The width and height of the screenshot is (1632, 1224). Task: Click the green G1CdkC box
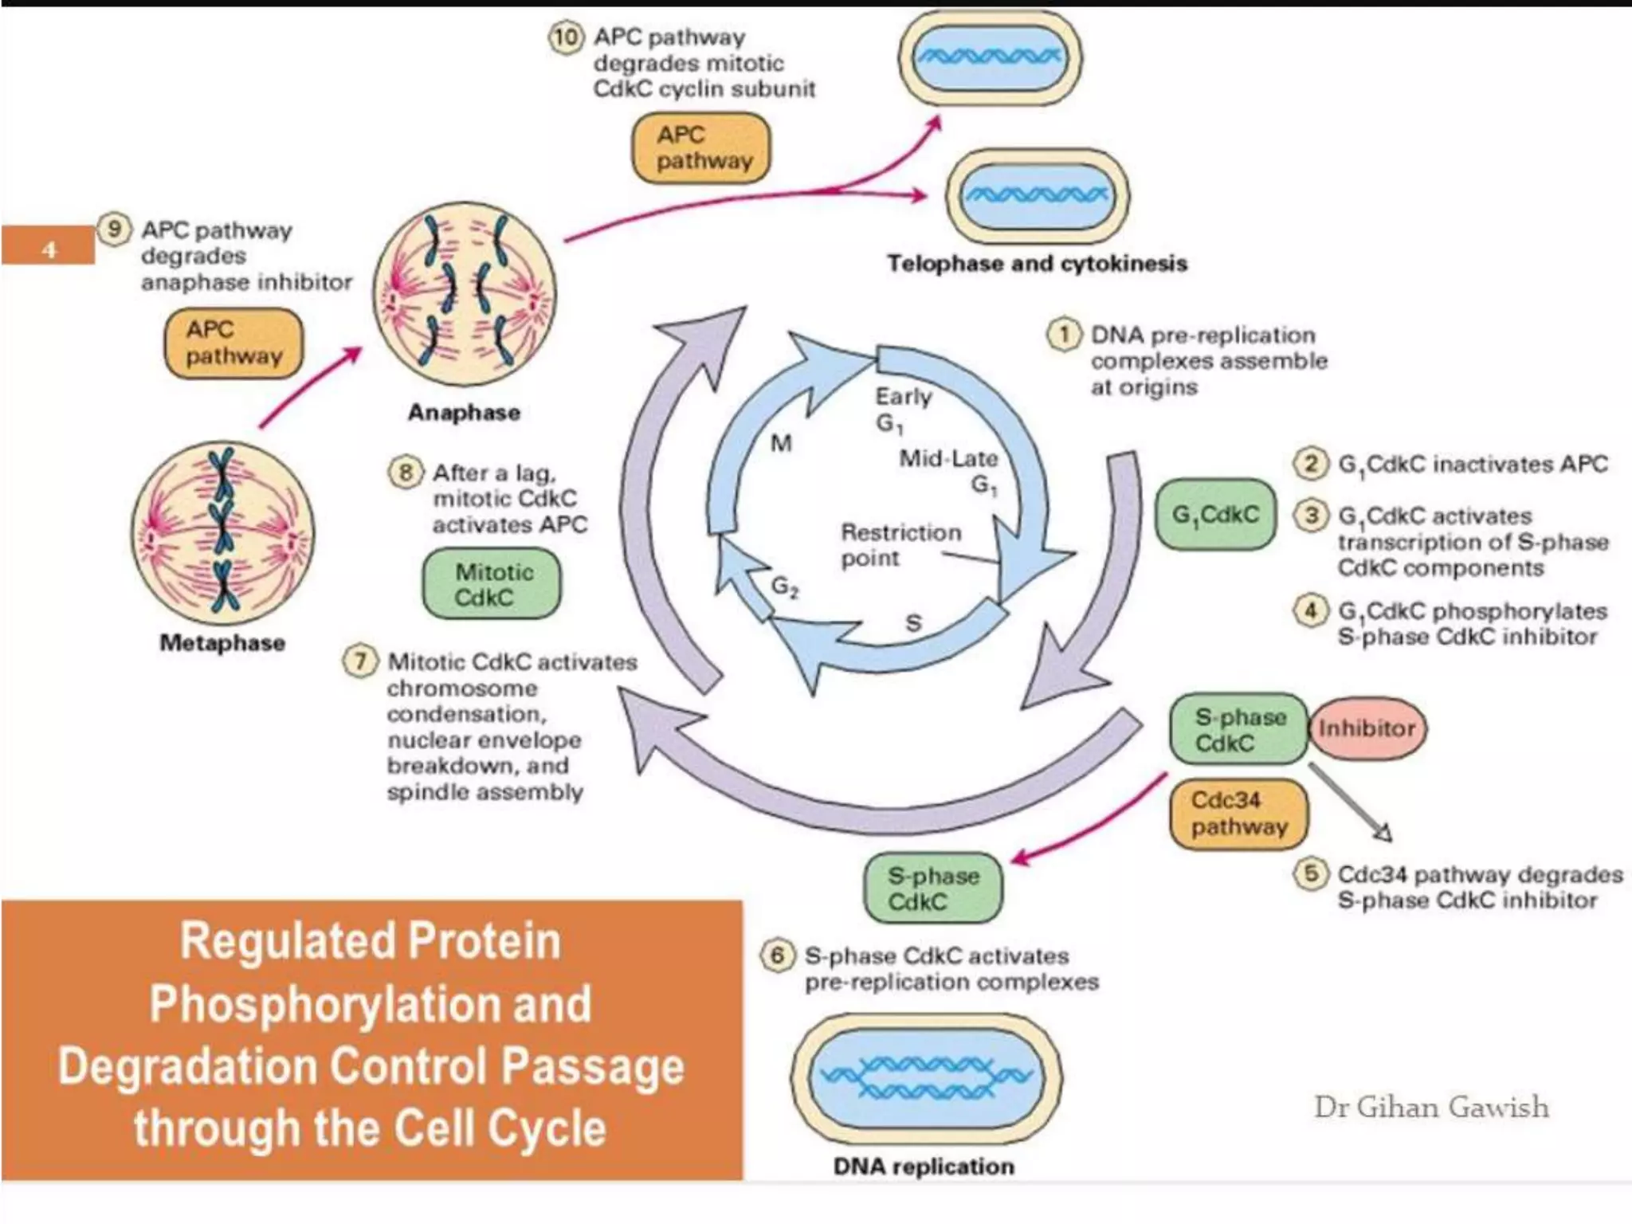1215,515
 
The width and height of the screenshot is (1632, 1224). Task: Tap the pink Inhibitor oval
1367,728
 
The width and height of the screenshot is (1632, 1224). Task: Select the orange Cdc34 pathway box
1239,813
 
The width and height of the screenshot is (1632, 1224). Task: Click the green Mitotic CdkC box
491,584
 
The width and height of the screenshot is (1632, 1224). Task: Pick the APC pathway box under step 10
702,148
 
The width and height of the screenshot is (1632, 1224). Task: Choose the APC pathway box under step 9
233,343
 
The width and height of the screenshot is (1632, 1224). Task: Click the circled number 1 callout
1064,335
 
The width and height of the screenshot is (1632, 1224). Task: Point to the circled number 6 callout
778,955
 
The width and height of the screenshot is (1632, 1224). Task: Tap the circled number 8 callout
406,473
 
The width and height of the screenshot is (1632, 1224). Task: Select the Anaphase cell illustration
465,294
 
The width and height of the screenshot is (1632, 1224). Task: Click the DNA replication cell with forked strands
926,1079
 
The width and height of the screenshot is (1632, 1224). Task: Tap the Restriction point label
900,545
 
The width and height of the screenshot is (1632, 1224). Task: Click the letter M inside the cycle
781,444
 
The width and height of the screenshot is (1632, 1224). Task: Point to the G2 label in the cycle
784,588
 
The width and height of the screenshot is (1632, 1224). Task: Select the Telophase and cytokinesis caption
1037,264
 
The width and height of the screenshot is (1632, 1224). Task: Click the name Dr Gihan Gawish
1431,1107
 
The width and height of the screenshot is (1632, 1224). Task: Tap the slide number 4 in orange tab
49,249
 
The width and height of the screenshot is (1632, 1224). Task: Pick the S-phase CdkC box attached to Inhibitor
1238,729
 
